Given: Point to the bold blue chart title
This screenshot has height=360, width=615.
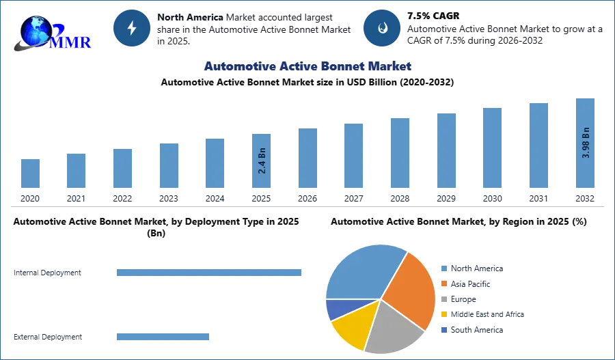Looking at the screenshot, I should coord(308,66).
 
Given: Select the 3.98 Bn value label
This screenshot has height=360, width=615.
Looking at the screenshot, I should coord(586,141).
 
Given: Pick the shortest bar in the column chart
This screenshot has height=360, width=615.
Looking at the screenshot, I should coord(29,174).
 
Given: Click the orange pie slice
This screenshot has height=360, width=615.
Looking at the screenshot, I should coord(411,290).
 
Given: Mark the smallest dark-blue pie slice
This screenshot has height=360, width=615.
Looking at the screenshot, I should coord(336,309).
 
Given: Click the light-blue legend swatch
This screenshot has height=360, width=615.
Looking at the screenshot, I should coord(443,268).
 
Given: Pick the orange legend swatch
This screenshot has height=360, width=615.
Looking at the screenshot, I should coord(443,283).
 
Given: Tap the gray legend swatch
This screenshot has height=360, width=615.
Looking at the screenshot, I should coord(443,300).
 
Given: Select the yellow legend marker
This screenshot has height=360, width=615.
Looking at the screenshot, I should coord(443,314).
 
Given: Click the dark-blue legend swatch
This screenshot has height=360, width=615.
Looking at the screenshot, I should coord(443,329).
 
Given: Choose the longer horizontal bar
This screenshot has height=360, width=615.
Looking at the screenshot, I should coord(210,273).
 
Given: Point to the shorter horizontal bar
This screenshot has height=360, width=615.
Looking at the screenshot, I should coord(163,338).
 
